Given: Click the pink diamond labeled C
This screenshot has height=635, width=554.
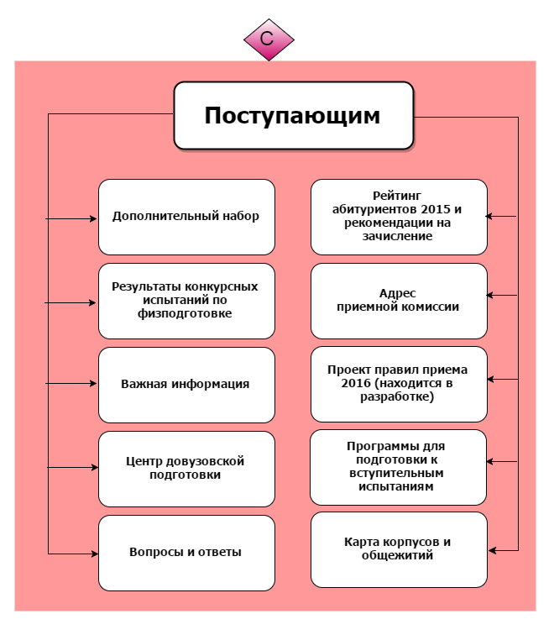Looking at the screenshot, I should [x=269, y=39].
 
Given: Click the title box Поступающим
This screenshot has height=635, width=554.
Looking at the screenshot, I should [x=293, y=115].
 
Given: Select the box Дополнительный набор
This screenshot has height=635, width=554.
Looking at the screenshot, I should [x=186, y=217].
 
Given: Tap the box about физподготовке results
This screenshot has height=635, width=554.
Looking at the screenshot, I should [x=186, y=301].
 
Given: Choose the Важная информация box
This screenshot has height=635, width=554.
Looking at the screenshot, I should [x=186, y=385].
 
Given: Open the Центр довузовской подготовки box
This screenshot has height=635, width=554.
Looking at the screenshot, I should [x=186, y=469].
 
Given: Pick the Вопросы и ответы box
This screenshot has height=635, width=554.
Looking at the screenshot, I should [x=186, y=553].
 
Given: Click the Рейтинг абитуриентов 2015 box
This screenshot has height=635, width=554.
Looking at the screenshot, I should [x=399, y=217].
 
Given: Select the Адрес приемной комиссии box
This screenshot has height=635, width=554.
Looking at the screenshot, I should [x=399, y=300].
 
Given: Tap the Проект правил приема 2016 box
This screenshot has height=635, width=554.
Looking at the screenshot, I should [x=399, y=384].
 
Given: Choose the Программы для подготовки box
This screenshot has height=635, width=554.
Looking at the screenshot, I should [x=399, y=467].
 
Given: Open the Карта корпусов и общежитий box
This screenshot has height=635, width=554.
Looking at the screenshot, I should [x=399, y=549].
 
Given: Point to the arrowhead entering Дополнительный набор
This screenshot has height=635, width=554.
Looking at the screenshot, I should [x=93, y=219].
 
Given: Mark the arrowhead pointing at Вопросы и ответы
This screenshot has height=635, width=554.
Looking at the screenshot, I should [x=93, y=554].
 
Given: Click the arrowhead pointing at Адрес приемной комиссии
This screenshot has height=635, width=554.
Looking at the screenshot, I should [x=492, y=295].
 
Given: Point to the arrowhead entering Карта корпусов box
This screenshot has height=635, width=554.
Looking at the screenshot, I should [x=493, y=550].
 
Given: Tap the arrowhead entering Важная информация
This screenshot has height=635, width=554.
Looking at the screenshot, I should [x=93, y=384].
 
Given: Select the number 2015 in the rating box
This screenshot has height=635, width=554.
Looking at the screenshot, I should [x=436, y=209].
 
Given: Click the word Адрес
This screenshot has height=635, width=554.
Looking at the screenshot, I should [x=398, y=293].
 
